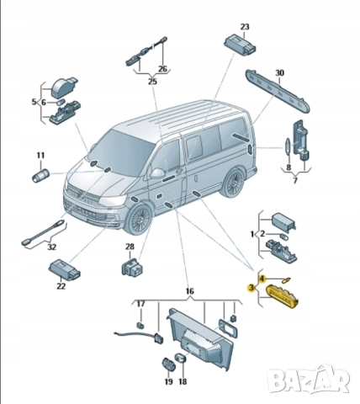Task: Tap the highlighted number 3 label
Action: tap(251, 288)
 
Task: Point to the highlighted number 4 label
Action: tap(262, 278)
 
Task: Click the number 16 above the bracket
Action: tap(190, 291)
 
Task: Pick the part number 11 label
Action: tap(40, 155)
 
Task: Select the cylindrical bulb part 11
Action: tap(40, 176)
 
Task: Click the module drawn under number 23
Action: tap(238, 44)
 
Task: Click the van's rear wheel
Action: tap(236, 179)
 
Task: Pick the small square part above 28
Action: tap(130, 268)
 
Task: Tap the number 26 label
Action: tap(163, 69)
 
